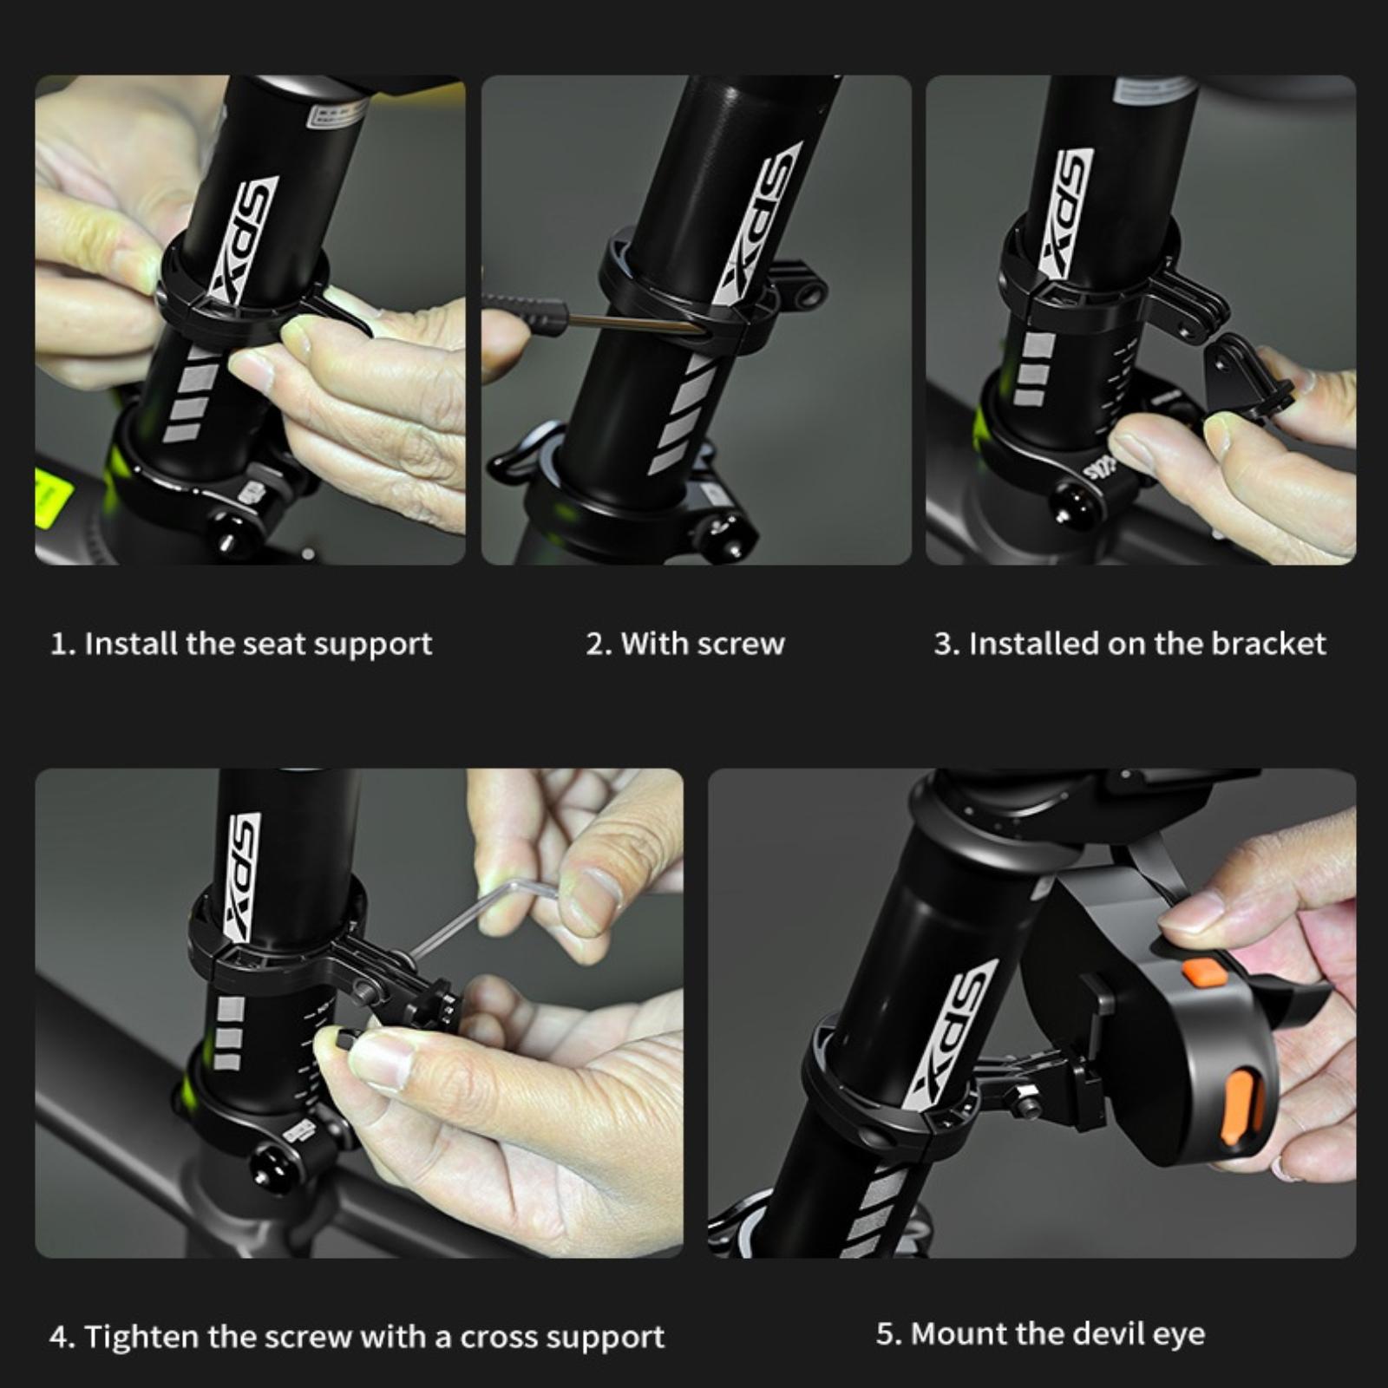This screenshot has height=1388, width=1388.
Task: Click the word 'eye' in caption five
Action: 1181,1336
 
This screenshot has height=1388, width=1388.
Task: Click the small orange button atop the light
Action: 1205,972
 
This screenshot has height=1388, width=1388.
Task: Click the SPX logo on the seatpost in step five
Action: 951,1034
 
